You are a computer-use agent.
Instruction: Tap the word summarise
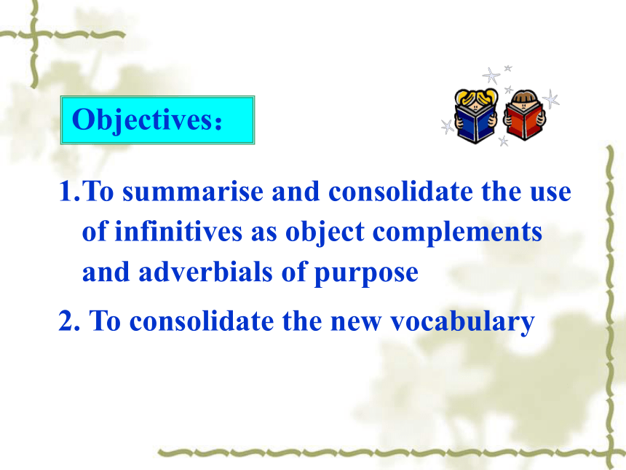(193, 192)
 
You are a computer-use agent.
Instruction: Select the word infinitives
(178, 232)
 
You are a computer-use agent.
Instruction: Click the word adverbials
(205, 272)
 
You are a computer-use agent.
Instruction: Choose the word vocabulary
(462, 322)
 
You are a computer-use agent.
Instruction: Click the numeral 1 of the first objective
(66, 192)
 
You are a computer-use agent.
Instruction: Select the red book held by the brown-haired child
(523, 120)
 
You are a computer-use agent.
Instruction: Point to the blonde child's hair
(476, 96)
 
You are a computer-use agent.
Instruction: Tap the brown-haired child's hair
(524, 96)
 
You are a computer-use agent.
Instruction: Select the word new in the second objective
(356, 323)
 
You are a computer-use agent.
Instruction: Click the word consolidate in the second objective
(202, 321)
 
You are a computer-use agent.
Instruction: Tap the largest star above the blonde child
(491, 76)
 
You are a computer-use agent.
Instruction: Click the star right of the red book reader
(552, 98)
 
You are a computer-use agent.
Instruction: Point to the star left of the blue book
(448, 126)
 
